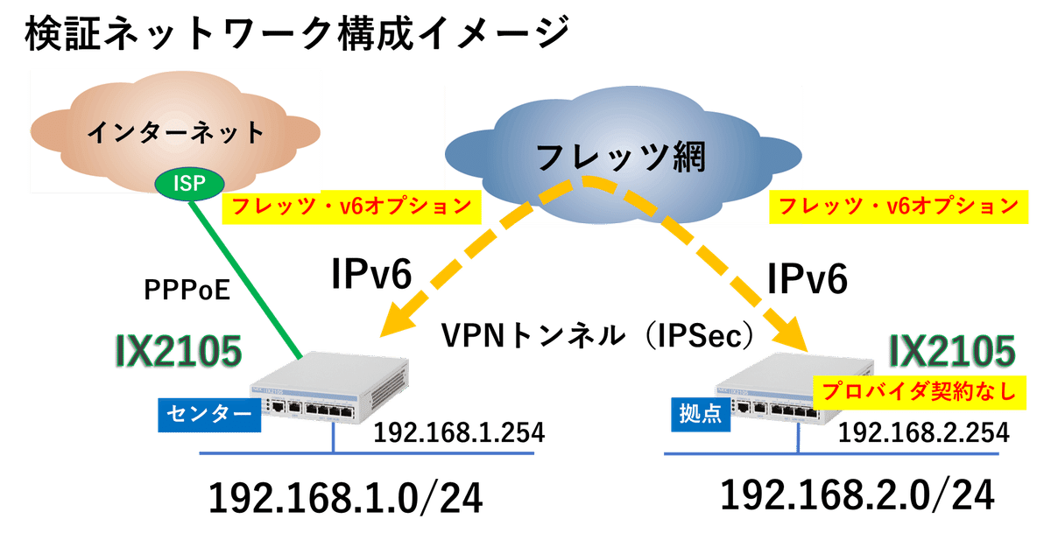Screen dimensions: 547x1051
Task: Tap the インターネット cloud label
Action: pos(176,133)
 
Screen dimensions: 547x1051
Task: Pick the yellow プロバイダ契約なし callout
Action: pos(916,391)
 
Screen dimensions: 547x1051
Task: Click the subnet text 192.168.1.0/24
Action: pos(345,499)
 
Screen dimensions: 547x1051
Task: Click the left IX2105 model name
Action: pos(178,351)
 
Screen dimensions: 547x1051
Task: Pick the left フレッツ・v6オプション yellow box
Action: pos(352,207)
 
